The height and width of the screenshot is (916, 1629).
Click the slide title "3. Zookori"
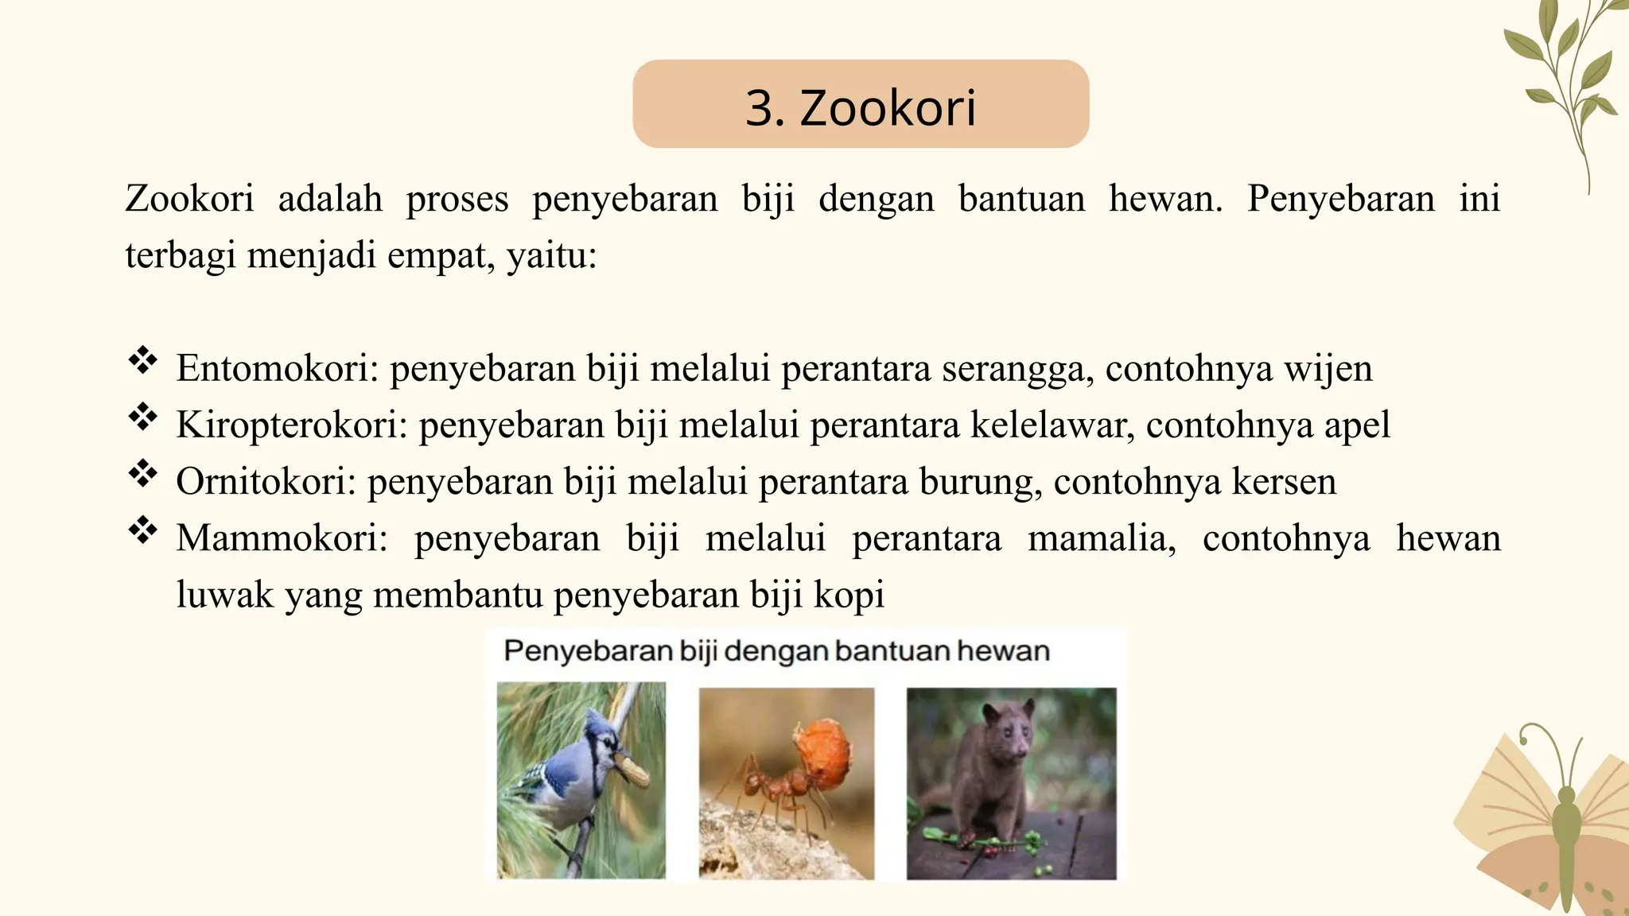click(861, 107)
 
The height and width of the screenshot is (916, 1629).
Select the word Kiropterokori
click(291, 425)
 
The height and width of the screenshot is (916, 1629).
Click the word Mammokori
click(281, 538)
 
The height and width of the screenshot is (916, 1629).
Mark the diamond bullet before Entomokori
click(143, 360)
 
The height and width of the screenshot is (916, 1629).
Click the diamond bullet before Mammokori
click(143, 530)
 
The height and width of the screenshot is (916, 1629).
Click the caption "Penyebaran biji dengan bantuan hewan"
click(776, 651)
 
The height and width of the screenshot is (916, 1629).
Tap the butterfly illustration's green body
click(1566, 835)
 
